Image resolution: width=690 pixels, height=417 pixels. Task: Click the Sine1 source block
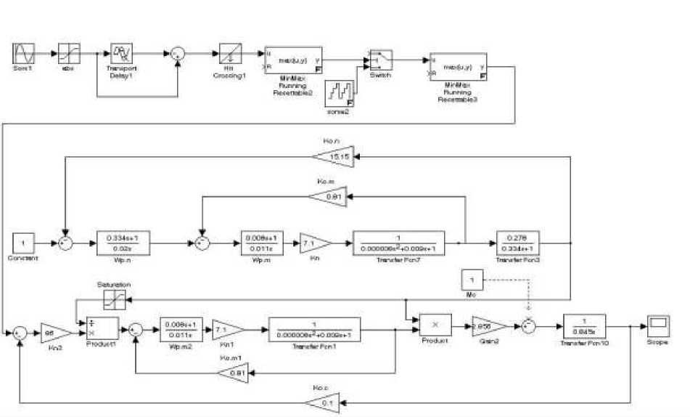click(x=24, y=54)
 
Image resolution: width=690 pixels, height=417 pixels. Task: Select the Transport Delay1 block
click(x=120, y=54)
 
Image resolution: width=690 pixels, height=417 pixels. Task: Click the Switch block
click(x=380, y=60)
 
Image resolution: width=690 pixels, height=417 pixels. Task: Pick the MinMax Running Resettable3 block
click(x=458, y=68)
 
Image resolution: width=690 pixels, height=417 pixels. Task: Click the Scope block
click(x=658, y=323)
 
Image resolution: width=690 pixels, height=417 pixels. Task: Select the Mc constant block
click(x=472, y=280)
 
